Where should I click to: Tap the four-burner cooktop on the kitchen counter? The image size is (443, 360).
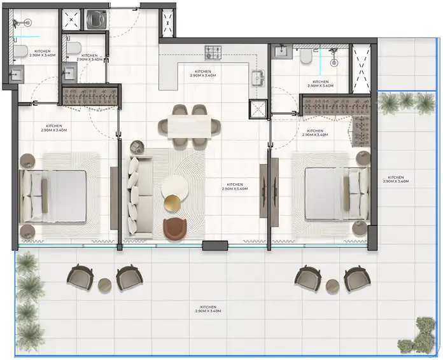click(213, 53)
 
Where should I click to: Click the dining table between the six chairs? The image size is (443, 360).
click(189, 127)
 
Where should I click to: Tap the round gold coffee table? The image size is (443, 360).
click(172, 203)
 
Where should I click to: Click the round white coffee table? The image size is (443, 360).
click(175, 188)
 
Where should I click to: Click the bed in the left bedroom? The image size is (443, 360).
click(53, 196)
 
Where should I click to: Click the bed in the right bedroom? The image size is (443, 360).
click(337, 193)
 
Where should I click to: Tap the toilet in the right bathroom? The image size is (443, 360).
click(306, 55)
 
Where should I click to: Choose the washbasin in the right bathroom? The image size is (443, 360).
click(283, 52)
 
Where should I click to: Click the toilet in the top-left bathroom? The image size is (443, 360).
click(20, 52)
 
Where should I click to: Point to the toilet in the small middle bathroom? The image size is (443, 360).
click(74, 47)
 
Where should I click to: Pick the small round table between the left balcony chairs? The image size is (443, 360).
click(104, 285)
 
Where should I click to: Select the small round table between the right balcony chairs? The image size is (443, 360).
click(332, 286)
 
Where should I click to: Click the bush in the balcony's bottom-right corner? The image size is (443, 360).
click(416, 335)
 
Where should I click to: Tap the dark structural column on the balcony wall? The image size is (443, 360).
click(215, 246)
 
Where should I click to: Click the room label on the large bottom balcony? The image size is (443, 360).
click(208, 309)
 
